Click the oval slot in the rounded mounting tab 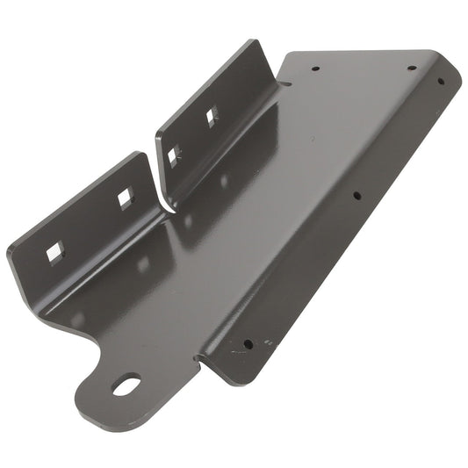(x=126, y=384)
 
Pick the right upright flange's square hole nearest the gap (x=173, y=156)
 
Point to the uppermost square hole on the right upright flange (x=211, y=115)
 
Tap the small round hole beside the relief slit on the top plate (x=314, y=67)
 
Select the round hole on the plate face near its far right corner (x=411, y=68)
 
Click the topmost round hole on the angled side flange (x=441, y=82)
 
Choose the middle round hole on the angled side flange (x=356, y=196)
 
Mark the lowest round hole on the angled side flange (x=248, y=343)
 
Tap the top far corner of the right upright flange (x=256, y=40)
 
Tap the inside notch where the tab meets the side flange (x=198, y=359)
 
